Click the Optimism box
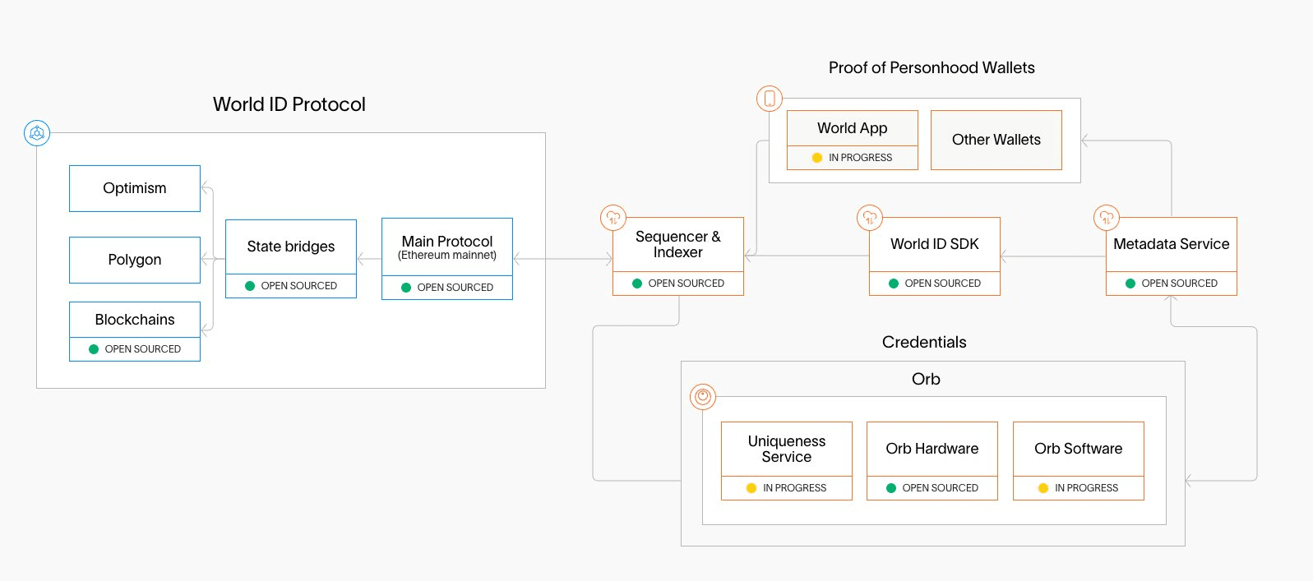135,188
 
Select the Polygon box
135,260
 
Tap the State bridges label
291,247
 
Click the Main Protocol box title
447,242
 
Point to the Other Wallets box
996,140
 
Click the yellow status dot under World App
817,158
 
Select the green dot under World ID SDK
894,284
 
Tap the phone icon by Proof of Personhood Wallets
770,99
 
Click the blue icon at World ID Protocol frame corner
37,133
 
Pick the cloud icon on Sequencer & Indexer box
613,218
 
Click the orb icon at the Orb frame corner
703,397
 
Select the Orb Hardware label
932,449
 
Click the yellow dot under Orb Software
1043,488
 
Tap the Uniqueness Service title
787,449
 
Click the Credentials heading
924,342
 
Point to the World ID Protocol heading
289,104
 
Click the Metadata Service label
1171,244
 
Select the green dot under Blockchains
93,349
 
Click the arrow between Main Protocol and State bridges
369,259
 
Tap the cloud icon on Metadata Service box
1107,218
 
